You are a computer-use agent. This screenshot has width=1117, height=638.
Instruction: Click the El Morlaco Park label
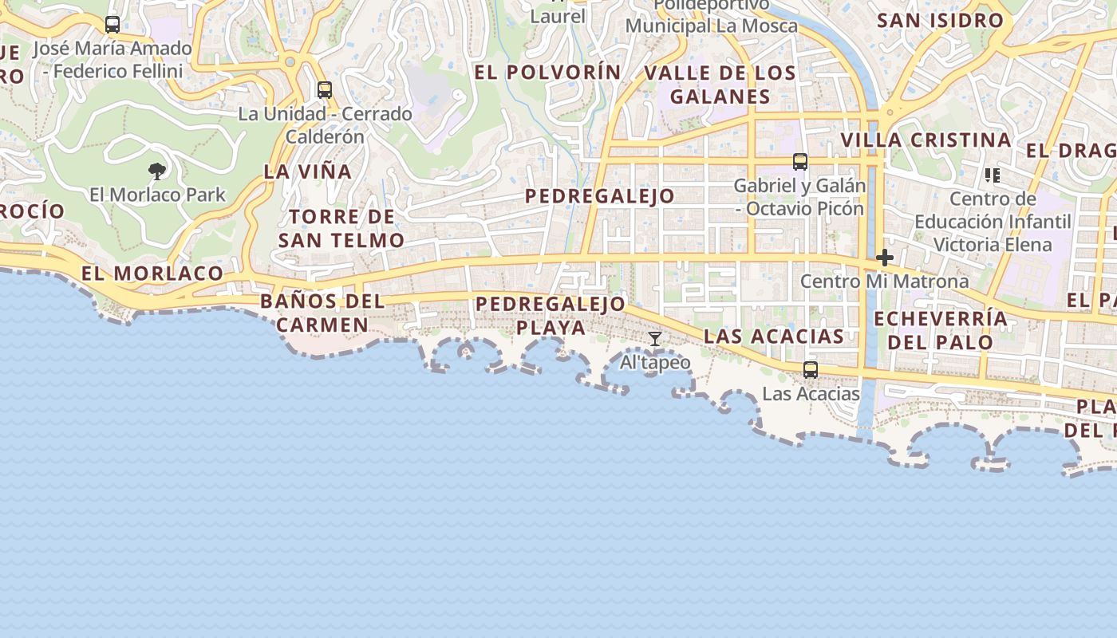[157, 195]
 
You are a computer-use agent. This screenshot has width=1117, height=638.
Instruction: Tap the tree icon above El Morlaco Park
[157, 170]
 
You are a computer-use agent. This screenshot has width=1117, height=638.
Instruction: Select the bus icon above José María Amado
[112, 25]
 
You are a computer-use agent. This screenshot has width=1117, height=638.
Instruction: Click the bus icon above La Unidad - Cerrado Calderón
[325, 90]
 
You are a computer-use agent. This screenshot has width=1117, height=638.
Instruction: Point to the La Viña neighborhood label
[307, 171]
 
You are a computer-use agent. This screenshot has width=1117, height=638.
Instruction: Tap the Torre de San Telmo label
[341, 228]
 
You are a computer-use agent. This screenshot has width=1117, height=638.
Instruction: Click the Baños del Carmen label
[322, 313]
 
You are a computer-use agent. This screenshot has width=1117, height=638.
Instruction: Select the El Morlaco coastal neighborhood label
[152, 274]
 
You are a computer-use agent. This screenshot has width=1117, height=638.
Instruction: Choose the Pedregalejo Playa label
[551, 316]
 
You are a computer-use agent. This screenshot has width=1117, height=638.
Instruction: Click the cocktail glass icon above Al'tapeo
[655, 339]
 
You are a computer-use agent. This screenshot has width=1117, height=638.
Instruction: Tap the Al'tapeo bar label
[655, 363]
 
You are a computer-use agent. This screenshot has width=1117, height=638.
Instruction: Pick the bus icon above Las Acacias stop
[811, 370]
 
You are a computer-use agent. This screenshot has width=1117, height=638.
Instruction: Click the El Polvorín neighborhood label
[547, 72]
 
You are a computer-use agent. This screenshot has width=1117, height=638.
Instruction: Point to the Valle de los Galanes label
[720, 85]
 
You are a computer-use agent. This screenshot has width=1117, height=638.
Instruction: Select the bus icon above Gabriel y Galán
[800, 162]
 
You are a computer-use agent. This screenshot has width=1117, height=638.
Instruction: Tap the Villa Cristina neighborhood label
[926, 140]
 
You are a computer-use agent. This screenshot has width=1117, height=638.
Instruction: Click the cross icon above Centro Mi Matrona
[884, 258]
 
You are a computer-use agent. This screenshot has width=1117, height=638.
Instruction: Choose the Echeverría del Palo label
[941, 330]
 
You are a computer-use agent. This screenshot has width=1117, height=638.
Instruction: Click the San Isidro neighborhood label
[940, 21]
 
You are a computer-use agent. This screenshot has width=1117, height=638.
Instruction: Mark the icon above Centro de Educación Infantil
[993, 175]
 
